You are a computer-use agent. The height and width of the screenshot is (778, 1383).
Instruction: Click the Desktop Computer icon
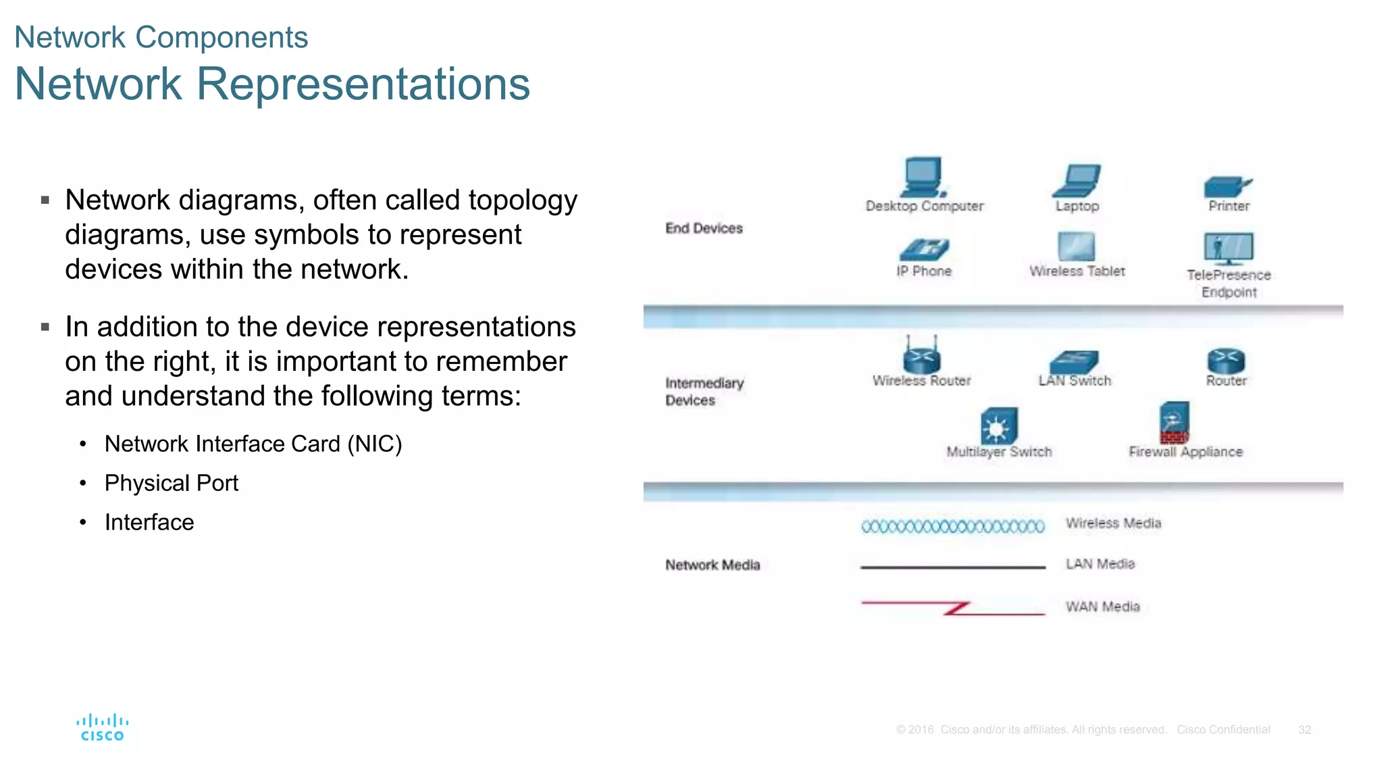(922, 177)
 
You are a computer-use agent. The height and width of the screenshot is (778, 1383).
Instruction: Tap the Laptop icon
(1077, 180)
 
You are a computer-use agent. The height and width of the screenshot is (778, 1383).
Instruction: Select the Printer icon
(1227, 186)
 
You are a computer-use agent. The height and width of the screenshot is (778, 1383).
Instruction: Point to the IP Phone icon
(924, 250)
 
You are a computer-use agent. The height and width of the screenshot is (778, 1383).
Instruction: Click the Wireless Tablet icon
(1076, 247)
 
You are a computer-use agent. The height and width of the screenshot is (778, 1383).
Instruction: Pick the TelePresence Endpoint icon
(1228, 249)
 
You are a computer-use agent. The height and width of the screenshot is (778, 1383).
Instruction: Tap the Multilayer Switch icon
(998, 425)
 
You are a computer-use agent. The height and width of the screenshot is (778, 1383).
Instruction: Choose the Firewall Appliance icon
(1174, 423)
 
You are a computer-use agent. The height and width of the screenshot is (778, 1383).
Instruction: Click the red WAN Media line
(953, 607)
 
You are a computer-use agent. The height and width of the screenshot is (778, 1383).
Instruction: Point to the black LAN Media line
(953, 567)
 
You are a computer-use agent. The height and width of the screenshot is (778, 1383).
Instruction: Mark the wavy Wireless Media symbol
(953, 526)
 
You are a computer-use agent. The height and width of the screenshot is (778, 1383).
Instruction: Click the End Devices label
(704, 228)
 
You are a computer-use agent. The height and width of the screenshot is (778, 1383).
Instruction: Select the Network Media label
(712, 565)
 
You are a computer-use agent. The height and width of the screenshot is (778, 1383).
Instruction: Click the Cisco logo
(102, 727)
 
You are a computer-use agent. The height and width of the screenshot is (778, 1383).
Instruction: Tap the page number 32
(1304, 729)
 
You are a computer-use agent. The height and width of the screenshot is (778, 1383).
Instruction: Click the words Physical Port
(171, 483)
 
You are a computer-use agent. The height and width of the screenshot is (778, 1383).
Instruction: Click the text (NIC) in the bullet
(374, 444)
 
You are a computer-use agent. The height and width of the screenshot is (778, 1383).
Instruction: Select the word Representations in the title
(363, 84)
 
